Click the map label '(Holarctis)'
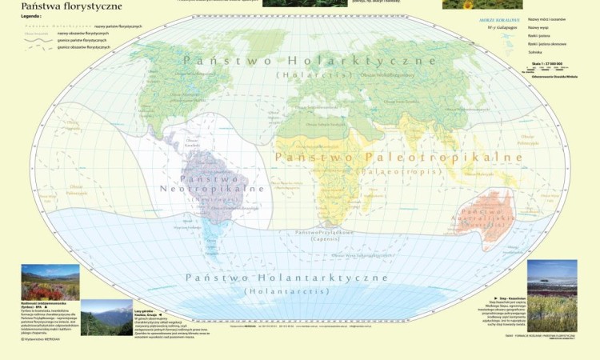point(309,75)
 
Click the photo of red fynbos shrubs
point(50,282)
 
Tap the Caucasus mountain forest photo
point(106,318)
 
